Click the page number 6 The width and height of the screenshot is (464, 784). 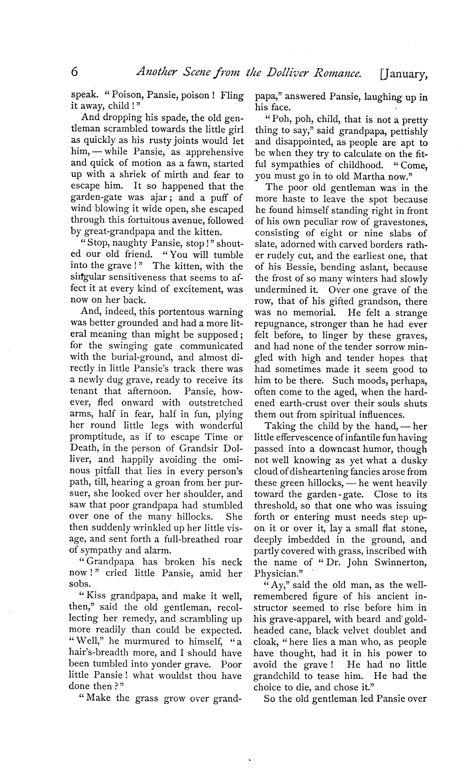[x=75, y=73]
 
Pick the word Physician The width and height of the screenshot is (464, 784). [x=274, y=574]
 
